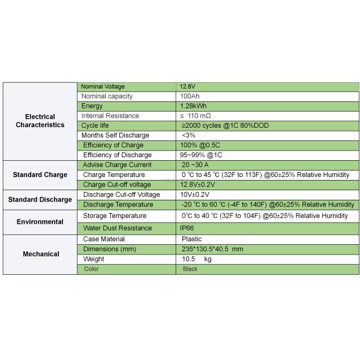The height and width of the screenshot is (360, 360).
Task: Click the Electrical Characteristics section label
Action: (x=40, y=121)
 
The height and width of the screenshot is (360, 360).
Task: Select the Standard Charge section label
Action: (x=40, y=175)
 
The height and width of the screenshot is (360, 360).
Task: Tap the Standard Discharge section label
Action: (x=40, y=199)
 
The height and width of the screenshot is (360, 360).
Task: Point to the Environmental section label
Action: (x=40, y=221)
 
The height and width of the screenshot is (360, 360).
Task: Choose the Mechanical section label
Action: (x=40, y=254)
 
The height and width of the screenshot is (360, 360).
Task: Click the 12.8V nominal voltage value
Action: (x=188, y=86)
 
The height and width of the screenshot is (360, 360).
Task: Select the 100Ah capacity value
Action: (x=191, y=96)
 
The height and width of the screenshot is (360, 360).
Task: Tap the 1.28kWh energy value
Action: (x=194, y=106)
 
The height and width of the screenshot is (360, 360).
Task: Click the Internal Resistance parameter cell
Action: (x=110, y=116)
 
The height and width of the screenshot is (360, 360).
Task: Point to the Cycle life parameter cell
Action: (x=95, y=125)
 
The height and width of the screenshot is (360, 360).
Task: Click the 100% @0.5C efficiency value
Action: (x=200, y=145)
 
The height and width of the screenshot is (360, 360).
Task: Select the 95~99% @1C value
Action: (x=201, y=155)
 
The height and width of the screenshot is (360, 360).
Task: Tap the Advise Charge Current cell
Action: (x=117, y=165)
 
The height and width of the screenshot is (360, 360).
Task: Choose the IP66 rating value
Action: (x=187, y=228)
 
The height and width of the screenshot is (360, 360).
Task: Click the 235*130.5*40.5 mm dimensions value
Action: (x=213, y=249)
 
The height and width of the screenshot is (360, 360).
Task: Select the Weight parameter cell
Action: (x=94, y=259)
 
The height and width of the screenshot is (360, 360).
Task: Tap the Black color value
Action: (x=190, y=269)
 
